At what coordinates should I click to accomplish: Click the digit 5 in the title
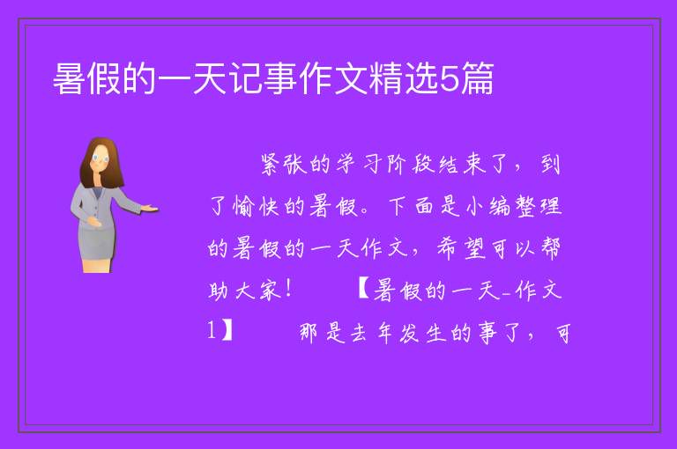[450, 78]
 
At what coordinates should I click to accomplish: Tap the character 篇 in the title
[477, 78]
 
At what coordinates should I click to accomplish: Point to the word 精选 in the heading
[404, 78]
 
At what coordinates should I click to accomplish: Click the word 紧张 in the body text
[284, 165]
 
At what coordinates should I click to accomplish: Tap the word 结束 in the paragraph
[462, 165]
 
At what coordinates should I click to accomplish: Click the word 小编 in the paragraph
[488, 206]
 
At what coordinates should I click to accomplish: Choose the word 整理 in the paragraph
[537, 206]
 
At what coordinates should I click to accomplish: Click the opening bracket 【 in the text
[364, 290]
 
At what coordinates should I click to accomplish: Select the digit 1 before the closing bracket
[212, 332]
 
